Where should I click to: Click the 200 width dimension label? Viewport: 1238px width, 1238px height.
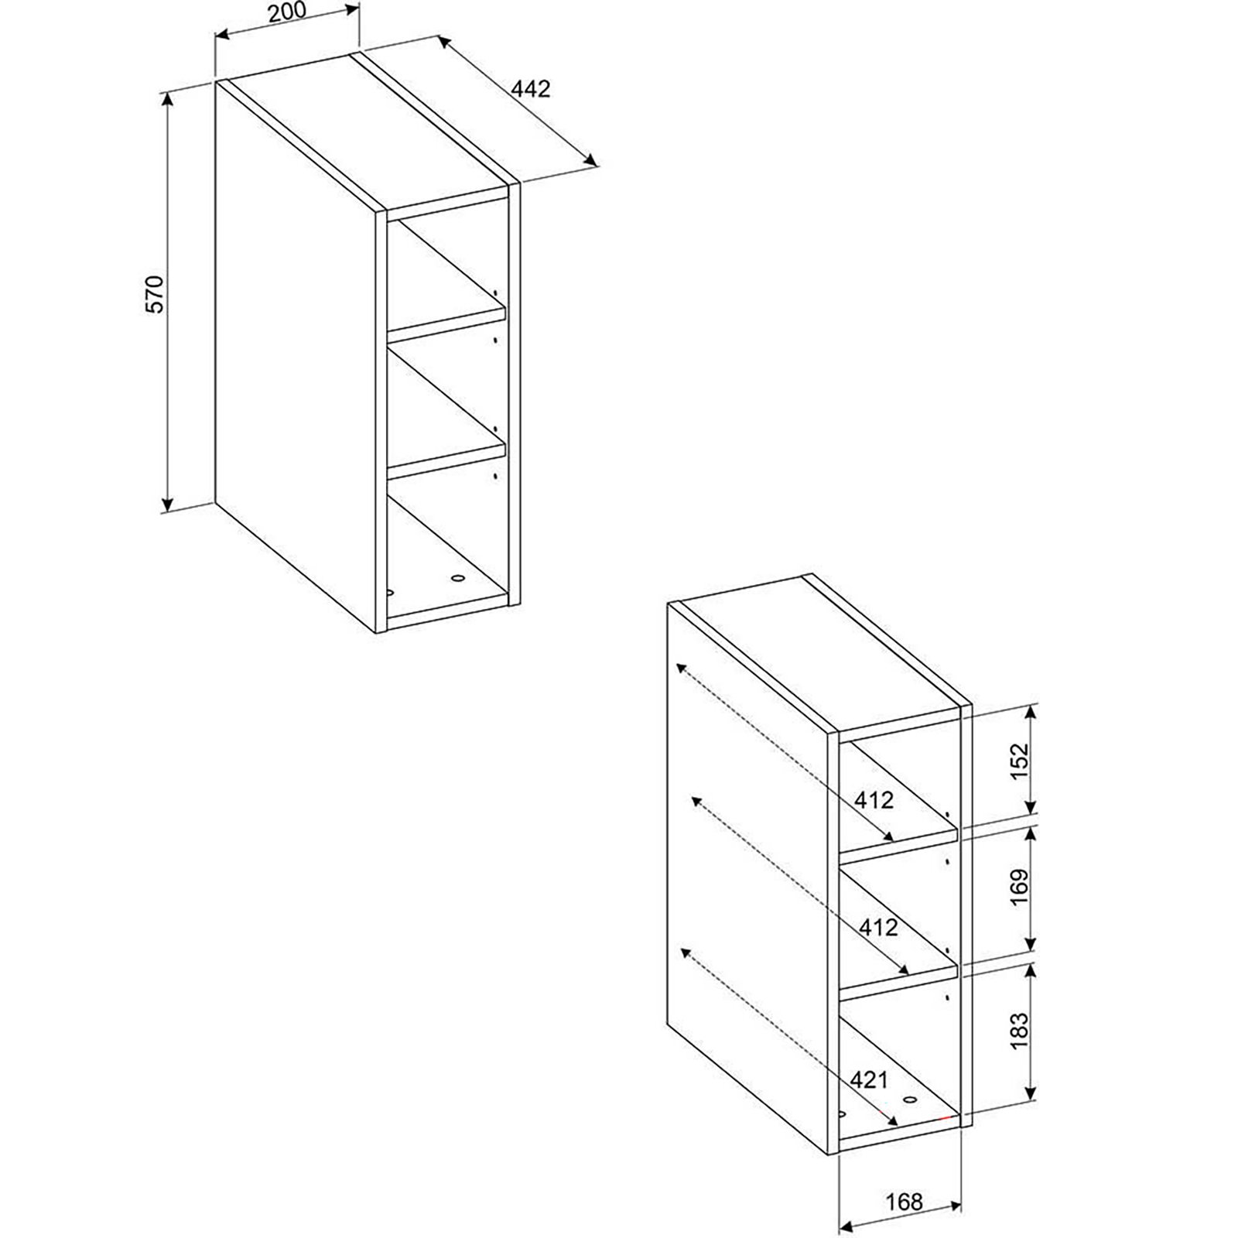[x=286, y=11]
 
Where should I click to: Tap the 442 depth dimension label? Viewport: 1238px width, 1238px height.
[x=531, y=89]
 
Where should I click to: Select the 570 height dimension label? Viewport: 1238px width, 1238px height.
[x=156, y=293]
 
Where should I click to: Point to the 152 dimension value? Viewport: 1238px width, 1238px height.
[x=1021, y=761]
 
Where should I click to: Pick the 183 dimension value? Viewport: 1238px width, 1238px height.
[x=1020, y=1030]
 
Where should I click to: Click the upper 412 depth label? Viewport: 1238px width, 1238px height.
[x=874, y=799]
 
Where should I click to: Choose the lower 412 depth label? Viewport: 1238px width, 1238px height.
[x=878, y=926]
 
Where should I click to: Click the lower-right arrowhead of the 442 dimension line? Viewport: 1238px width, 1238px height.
[x=592, y=160]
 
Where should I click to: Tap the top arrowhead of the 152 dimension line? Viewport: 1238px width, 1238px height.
[x=1031, y=710]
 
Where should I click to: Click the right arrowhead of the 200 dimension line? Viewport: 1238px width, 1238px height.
[x=354, y=10]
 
